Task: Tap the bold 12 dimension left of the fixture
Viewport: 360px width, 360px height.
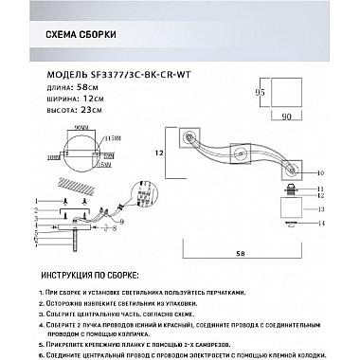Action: tap(162, 152)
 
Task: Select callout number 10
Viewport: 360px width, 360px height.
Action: tap(320, 173)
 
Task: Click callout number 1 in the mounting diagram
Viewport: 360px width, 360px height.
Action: tap(34, 202)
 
